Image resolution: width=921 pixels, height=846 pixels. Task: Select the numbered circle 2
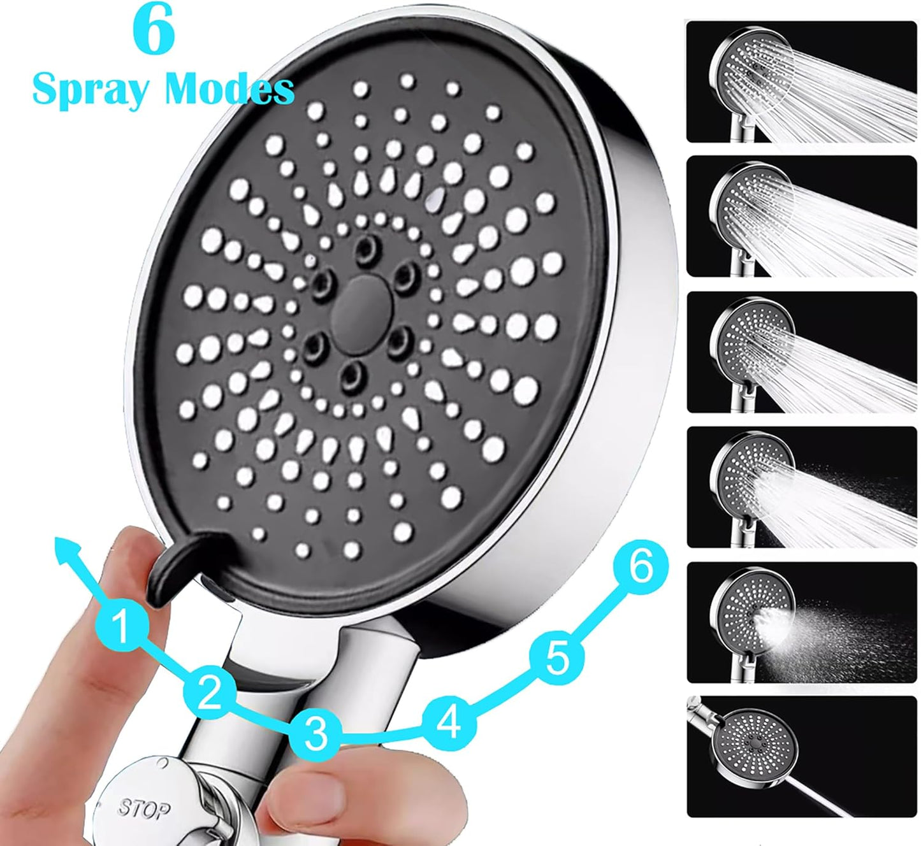coord(209,692)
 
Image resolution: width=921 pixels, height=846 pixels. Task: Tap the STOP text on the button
coord(143,810)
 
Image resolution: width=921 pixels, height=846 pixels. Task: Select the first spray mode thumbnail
coord(802,82)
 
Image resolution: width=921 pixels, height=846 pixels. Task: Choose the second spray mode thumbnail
coord(802,216)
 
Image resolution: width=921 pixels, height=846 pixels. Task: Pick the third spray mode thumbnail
coord(802,352)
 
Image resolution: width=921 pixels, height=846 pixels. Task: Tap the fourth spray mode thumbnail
coord(802,487)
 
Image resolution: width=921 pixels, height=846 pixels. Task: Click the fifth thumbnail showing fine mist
coord(802,622)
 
